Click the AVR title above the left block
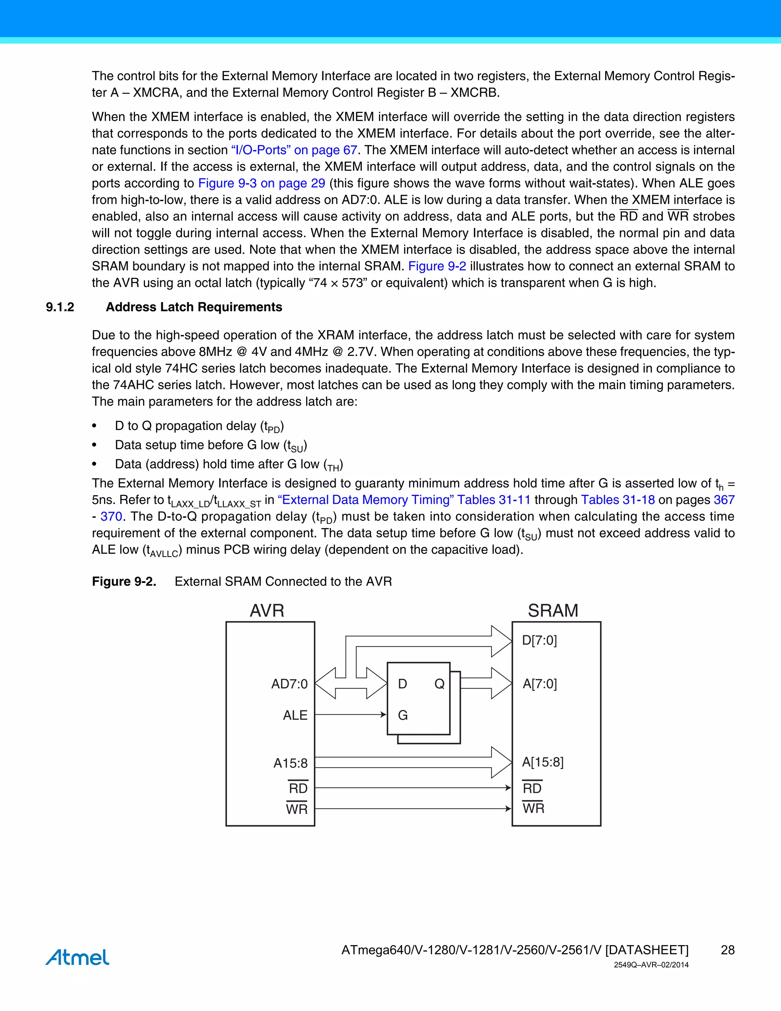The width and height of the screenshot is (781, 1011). tap(267, 610)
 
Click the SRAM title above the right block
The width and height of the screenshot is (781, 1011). tap(553, 610)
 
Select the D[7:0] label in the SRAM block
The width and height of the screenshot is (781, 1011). tap(540, 640)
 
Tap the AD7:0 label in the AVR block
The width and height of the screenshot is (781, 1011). tap(289, 684)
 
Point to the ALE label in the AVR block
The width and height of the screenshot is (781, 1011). tap(295, 715)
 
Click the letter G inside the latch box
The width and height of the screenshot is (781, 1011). tap(403, 716)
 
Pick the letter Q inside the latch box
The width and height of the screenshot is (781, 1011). tap(439, 684)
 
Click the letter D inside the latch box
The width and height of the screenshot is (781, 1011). tap(403, 684)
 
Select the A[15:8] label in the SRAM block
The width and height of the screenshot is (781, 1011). tap(543, 762)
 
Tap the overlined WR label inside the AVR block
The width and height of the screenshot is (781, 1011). tap(297, 809)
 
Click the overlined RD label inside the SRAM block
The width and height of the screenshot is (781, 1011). tap(532, 788)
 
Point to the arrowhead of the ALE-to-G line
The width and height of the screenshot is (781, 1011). tap(383, 715)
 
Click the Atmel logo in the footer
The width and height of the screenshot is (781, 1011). tap(77, 957)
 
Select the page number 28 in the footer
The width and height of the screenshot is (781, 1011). tap(727, 950)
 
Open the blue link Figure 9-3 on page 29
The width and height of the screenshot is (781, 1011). tap(261, 183)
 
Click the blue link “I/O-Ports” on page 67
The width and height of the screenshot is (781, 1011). tap(294, 150)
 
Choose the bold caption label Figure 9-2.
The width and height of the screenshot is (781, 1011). tap(124, 581)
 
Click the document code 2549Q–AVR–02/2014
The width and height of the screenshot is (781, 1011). tap(651, 965)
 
